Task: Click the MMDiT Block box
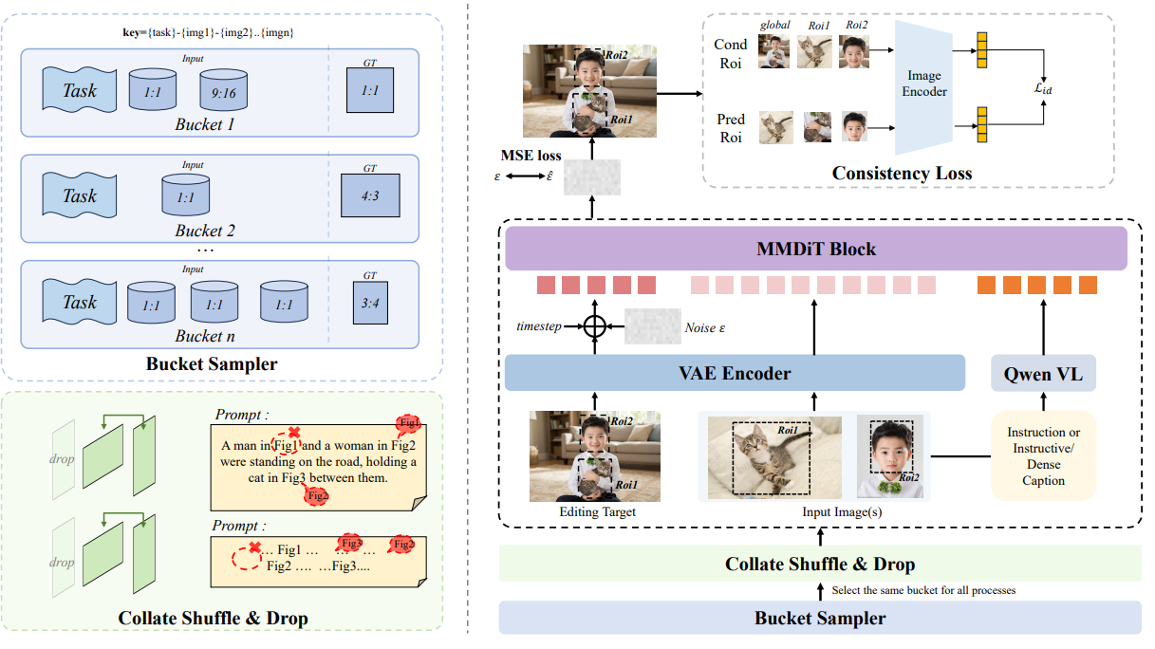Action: [x=815, y=250]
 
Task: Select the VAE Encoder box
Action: [x=734, y=373]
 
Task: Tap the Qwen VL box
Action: [x=1043, y=373]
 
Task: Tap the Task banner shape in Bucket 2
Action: [x=80, y=196]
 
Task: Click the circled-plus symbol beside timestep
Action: [x=594, y=326]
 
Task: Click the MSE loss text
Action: [x=531, y=155]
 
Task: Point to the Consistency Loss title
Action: [x=902, y=173]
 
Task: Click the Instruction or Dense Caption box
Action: [x=1043, y=456]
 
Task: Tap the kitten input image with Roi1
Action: [x=773, y=457]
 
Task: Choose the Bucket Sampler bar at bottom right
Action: [x=820, y=618]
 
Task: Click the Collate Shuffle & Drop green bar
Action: [x=820, y=564]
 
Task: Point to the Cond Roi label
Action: [x=730, y=53]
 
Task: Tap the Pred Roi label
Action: [x=730, y=128]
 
